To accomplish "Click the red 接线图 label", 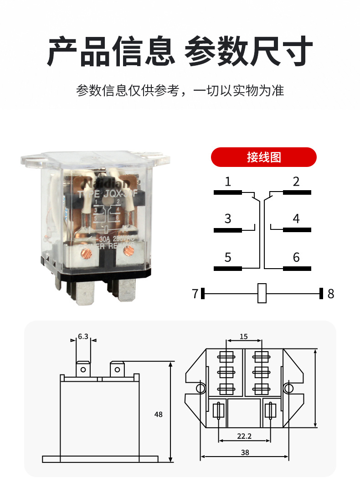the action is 264,157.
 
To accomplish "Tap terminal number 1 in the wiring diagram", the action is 228,182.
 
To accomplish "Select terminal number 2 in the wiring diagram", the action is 296,182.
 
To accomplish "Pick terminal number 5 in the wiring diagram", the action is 228,258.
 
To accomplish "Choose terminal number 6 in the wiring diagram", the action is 296,258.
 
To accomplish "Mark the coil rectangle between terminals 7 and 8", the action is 262,293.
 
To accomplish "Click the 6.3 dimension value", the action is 83,337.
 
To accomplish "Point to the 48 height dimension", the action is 158,415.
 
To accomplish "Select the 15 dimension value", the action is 243,337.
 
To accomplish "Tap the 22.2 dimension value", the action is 244,436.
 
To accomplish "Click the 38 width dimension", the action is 245,452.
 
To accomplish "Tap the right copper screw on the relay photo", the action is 129,250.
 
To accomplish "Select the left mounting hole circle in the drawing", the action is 200,389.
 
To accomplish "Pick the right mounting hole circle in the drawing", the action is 288,389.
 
